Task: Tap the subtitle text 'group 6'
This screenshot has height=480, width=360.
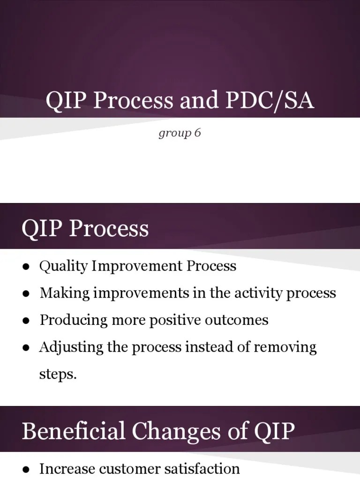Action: (180, 133)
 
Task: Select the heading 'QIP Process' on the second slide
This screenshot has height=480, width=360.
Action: (85, 229)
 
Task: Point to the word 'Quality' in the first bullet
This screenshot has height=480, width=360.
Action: (63, 266)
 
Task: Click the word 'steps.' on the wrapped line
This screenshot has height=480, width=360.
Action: (57, 375)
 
